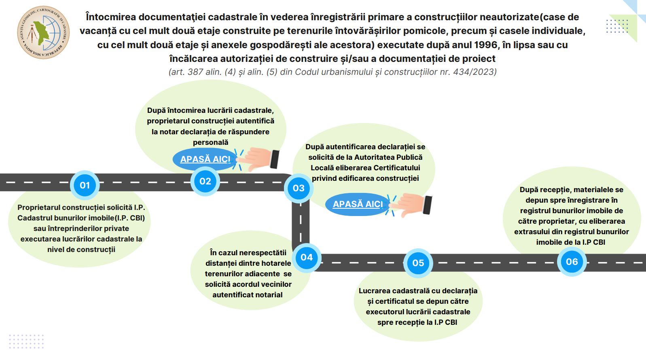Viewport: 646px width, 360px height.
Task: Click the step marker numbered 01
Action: point(85,185)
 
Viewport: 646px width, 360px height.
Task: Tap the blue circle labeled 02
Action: point(205,181)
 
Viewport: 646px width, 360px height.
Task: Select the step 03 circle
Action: point(299,188)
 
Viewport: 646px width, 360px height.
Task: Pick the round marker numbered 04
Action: point(307,257)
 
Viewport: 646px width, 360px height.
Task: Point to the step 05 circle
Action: point(418,263)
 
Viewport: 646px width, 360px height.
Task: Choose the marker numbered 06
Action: point(572,262)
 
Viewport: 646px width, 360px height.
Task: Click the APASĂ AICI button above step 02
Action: point(205,159)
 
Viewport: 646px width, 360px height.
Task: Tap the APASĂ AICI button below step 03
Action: point(358,204)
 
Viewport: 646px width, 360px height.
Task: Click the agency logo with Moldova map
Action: point(43,32)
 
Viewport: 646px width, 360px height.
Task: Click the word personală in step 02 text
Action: point(210,142)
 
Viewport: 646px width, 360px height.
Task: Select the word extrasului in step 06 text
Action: point(532,232)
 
